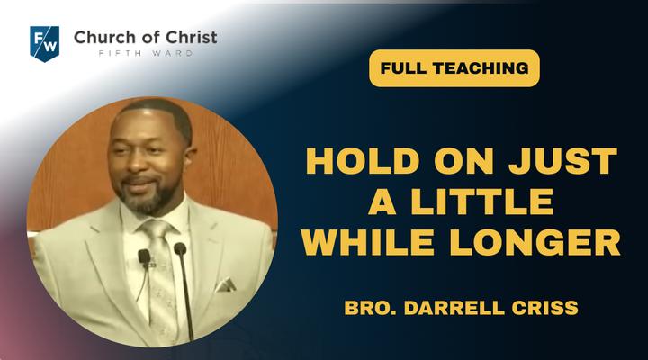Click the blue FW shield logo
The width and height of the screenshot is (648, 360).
pos(45,44)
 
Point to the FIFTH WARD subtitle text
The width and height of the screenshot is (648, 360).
pos(146,53)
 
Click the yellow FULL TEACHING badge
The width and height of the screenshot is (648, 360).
pos(454,68)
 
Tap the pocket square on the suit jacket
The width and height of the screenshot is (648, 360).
pos(226,284)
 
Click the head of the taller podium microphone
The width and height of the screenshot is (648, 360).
pos(180,248)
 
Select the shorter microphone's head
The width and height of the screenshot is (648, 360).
pos(144,256)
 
